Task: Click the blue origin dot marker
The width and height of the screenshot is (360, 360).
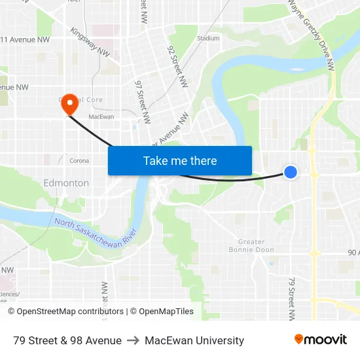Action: pyautogui.click(x=291, y=171)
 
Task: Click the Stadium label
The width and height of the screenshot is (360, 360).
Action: pyautogui.click(x=208, y=38)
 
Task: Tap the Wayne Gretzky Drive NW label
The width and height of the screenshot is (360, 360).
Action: pyautogui.click(x=312, y=33)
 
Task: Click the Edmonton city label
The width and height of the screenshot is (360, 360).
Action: pyautogui.click(x=66, y=183)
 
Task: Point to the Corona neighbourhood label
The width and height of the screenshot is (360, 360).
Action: pyautogui.click(x=79, y=160)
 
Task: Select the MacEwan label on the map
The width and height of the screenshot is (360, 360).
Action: pyautogui.click(x=101, y=117)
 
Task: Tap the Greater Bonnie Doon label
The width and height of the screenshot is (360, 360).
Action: pyautogui.click(x=247, y=245)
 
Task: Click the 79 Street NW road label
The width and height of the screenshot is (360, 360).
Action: pyautogui.click(x=291, y=298)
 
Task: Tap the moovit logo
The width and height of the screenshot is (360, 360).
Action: pyautogui.click(x=320, y=339)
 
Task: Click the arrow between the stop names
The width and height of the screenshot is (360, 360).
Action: pyautogui.click(x=133, y=340)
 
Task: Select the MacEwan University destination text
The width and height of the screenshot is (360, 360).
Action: pyautogui.click(x=194, y=340)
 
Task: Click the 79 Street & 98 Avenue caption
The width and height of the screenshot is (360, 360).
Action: pyautogui.click(x=67, y=340)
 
